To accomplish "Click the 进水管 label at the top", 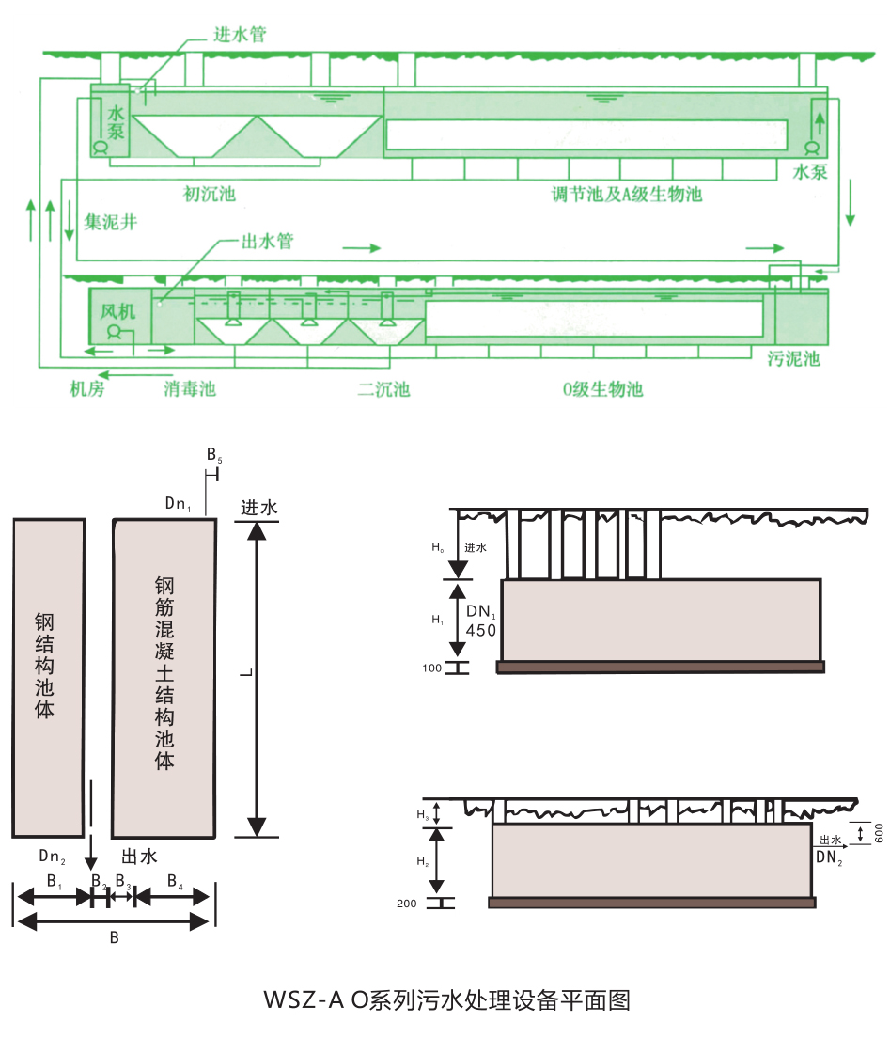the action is point(240,35).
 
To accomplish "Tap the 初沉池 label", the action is point(209,194).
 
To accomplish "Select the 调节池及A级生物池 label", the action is point(627,194).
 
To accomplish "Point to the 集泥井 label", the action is point(111,222).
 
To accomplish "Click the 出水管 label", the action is point(267,241).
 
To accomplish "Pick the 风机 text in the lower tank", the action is point(117,311).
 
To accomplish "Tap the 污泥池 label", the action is point(793,359).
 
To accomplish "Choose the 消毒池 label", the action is point(190,388).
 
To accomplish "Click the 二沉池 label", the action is point(383,388).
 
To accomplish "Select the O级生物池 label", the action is point(602,388).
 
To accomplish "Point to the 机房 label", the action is point(87,388).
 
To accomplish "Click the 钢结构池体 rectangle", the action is point(49,678).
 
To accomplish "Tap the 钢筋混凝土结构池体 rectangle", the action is point(164,678).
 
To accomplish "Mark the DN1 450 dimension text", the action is point(481,621).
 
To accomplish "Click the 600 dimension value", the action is point(879,833).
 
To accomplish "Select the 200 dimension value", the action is point(406,903).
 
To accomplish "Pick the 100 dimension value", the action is point(431,668).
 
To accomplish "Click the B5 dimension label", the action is point(214,455).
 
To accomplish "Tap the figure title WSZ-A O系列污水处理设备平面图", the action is point(447,999).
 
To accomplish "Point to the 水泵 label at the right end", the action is point(810,172).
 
